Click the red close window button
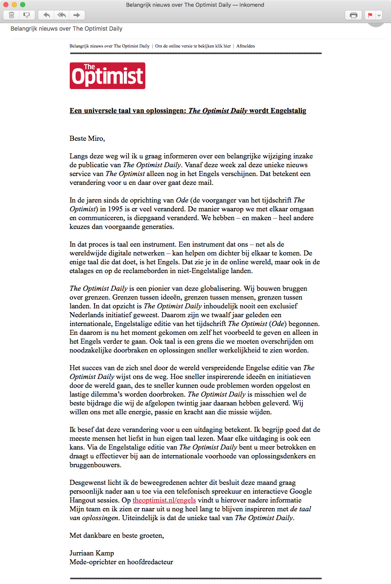[x=6, y=5]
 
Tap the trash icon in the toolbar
[x=12, y=15]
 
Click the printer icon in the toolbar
[x=354, y=15]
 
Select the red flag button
[x=370, y=15]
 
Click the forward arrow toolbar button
[x=76, y=15]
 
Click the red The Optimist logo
[x=108, y=76]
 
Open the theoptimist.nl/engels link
[x=164, y=500]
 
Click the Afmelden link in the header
[x=246, y=46]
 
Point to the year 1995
[x=115, y=209]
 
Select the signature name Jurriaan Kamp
[x=92, y=553]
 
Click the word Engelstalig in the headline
[x=288, y=110]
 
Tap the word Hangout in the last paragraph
[x=82, y=500]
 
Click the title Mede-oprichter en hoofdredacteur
[x=121, y=562]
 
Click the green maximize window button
[x=23, y=5]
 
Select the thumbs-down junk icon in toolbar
[x=26, y=15]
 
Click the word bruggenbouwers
[x=95, y=465]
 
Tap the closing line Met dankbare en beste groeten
[x=117, y=535]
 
